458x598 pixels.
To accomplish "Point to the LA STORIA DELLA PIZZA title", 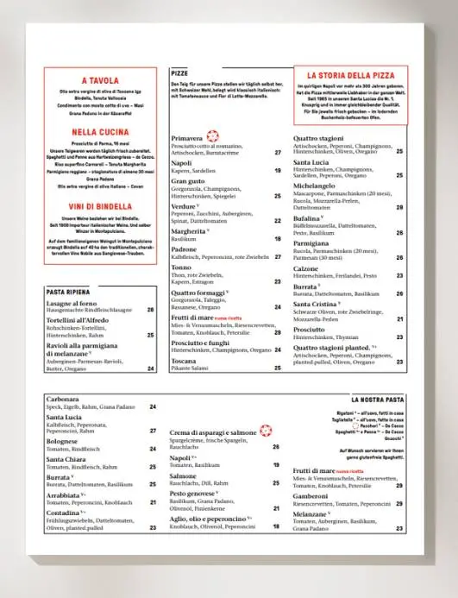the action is tap(349, 75).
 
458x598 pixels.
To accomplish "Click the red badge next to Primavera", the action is tap(213, 137).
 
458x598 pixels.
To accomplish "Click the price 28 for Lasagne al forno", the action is tap(150, 309).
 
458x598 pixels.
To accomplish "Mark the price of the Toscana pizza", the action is tap(279, 368).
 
